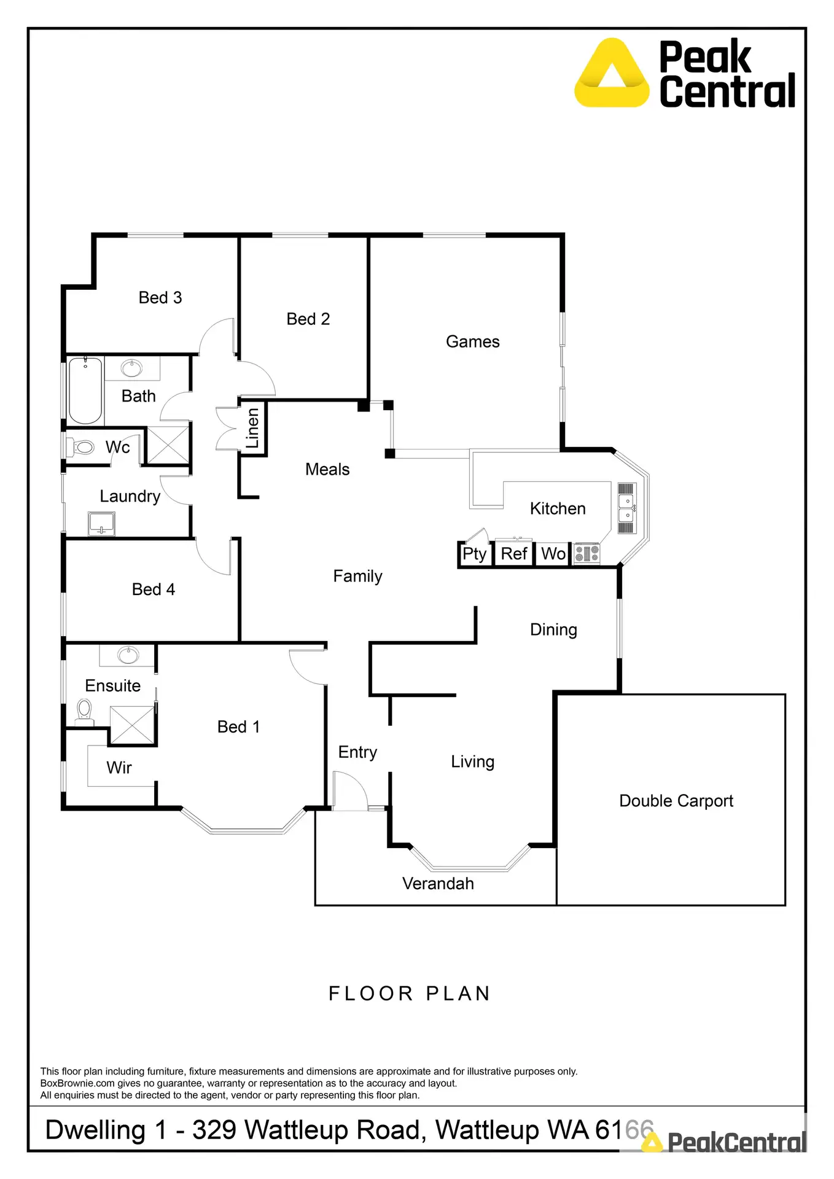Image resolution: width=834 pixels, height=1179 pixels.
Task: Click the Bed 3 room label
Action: click(160, 298)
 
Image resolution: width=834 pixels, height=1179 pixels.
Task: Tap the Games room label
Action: click(472, 341)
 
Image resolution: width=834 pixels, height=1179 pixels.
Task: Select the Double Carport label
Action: click(676, 801)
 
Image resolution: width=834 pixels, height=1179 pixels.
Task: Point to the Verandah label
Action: click(438, 884)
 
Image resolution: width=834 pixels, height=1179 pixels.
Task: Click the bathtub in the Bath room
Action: click(85, 391)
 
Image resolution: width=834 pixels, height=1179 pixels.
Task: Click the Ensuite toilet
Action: click(84, 712)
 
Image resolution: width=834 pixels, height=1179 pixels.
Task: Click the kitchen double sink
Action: click(626, 508)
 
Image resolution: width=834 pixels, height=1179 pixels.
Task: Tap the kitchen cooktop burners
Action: click(587, 553)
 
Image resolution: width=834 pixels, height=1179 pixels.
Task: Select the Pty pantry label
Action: click(474, 554)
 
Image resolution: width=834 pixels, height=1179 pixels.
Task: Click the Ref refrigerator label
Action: click(514, 554)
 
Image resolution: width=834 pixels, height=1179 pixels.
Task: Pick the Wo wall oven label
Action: click(553, 554)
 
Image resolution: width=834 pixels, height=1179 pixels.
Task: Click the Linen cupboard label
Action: click(252, 429)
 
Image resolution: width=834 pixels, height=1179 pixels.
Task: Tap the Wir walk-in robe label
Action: click(119, 768)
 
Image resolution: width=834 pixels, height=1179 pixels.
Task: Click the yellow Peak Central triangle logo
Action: click(612, 74)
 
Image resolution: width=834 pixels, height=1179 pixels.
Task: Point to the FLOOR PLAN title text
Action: click(410, 994)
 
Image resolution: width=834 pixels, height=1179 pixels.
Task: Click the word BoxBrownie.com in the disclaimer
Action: click(77, 1083)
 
